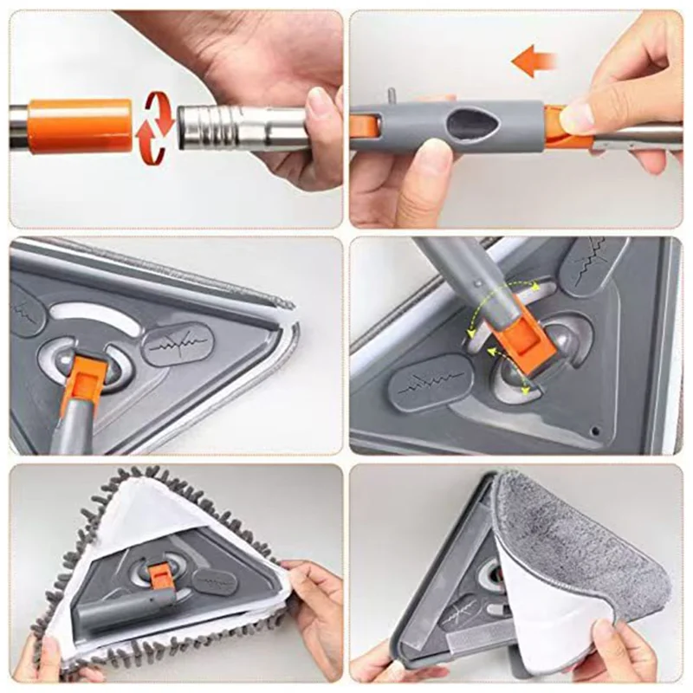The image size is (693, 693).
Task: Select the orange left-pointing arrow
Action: pyautogui.click(x=532, y=62)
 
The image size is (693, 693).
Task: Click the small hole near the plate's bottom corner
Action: pyautogui.click(x=595, y=431)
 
